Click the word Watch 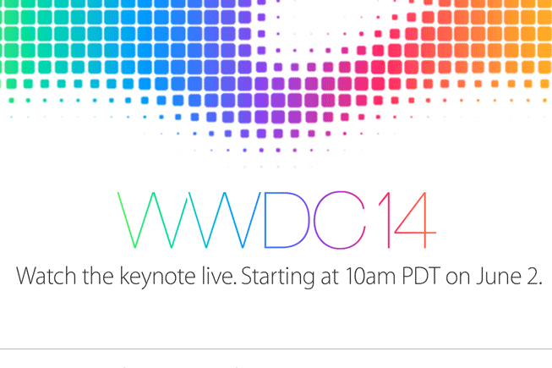(x=44, y=277)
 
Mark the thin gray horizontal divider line (x=276, y=349)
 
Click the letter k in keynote (x=122, y=277)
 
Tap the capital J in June (x=478, y=277)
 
